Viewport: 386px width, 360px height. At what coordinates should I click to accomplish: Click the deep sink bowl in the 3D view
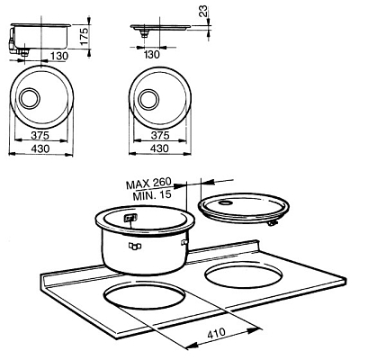coord(144,243)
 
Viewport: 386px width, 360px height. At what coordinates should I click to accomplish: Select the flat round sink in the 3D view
coord(243,208)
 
